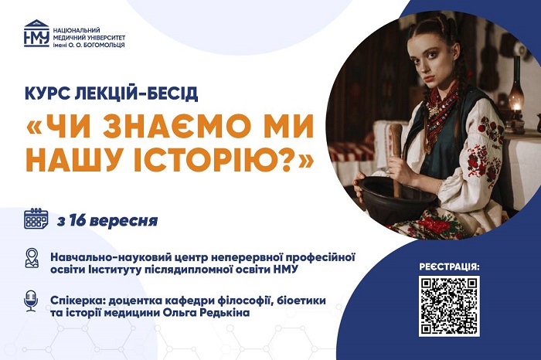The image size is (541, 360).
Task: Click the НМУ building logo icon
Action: click(x=36, y=33)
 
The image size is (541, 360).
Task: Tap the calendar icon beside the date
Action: click(x=36, y=219)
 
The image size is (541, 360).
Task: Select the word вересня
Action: click(x=124, y=221)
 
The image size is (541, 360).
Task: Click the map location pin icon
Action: click(x=32, y=258)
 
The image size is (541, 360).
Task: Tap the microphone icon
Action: click(x=31, y=301)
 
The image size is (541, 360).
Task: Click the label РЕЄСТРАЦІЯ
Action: click(x=449, y=267)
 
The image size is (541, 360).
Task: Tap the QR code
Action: click(x=449, y=306)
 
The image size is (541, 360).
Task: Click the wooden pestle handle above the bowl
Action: click(x=396, y=155)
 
